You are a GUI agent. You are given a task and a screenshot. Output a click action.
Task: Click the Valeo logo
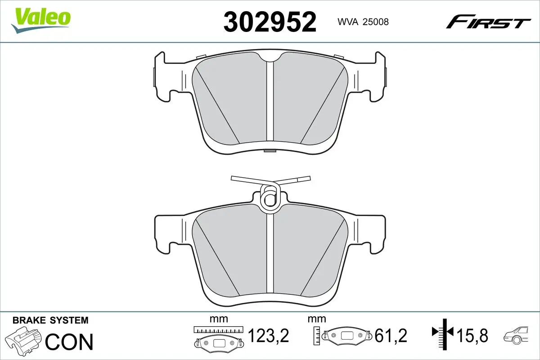point(41,18)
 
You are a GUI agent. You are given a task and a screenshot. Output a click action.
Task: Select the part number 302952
point(270,21)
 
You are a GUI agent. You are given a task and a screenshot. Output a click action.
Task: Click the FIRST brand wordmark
point(488,22)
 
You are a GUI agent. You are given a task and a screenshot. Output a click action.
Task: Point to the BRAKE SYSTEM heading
point(50,320)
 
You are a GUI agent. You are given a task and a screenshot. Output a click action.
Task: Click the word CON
point(69,342)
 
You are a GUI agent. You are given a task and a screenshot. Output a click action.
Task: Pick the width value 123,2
point(268,335)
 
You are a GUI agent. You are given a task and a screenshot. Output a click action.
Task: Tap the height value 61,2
point(391,335)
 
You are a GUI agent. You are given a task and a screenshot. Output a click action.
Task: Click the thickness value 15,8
point(472,335)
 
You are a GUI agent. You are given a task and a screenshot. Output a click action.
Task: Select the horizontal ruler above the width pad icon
point(218,330)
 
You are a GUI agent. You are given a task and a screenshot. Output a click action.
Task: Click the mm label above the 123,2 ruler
point(219,319)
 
